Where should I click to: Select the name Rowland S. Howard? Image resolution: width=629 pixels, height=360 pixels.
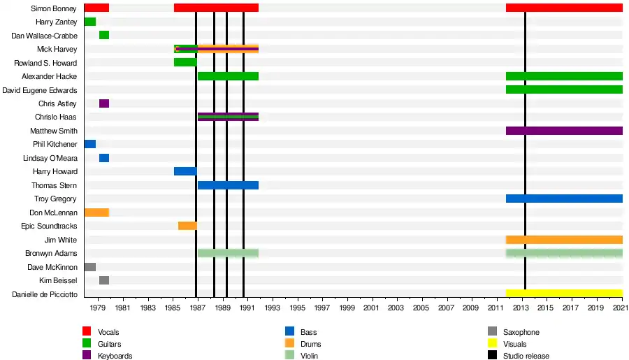coord(46,63)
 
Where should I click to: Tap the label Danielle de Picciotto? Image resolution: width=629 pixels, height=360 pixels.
coord(45,294)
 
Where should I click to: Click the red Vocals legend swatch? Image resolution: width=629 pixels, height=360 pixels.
coord(87,332)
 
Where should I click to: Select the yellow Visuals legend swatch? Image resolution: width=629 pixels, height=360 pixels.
coord(492,344)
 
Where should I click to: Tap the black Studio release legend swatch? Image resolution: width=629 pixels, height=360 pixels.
coord(492,356)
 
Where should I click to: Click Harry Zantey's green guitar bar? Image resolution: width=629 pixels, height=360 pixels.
coord(89,22)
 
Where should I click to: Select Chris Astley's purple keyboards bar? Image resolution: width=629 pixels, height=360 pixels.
coord(103,103)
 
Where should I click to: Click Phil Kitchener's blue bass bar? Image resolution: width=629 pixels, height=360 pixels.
coord(89,144)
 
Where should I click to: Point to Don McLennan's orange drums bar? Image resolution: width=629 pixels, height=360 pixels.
coord(96,213)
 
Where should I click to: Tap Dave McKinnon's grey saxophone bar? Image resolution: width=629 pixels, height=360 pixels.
coord(89,267)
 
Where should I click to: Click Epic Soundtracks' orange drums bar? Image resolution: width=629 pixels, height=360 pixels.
coord(187,226)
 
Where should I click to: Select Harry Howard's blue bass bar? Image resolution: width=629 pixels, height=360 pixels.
coord(185,171)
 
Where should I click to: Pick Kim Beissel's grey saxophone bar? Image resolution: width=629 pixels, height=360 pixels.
coord(103,280)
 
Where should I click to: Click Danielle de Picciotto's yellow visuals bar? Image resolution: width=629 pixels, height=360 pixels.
coord(563,294)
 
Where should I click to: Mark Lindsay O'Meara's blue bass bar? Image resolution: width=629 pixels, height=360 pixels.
coord(103,158)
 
